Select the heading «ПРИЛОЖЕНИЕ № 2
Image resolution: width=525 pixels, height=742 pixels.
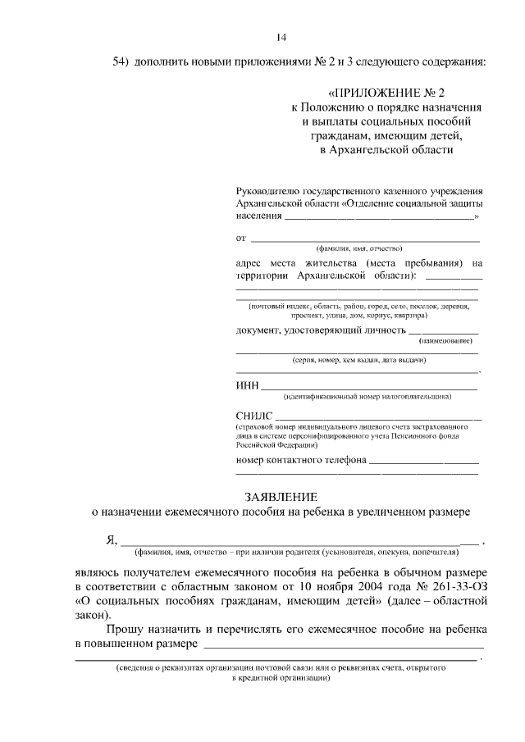pos(386,93)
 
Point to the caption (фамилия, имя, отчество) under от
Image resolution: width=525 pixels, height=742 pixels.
pos(359,248)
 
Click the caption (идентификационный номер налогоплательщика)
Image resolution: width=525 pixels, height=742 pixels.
pos(367,397)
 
